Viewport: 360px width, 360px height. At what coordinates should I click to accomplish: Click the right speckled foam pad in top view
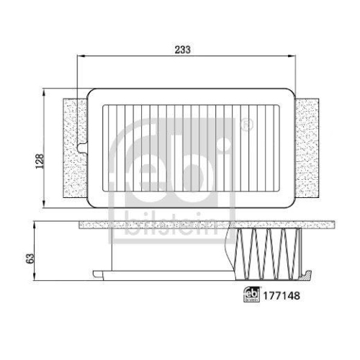pyautogui.click(x=307, y=148)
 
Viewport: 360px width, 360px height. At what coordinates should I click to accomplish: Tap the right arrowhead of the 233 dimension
pyautogui.click(x=293, y=55)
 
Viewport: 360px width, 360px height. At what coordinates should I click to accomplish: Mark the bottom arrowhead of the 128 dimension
pyautogui.click(x=48, y=203)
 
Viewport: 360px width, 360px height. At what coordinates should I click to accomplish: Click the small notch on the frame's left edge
pyautogui.click(x=84, y=150)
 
